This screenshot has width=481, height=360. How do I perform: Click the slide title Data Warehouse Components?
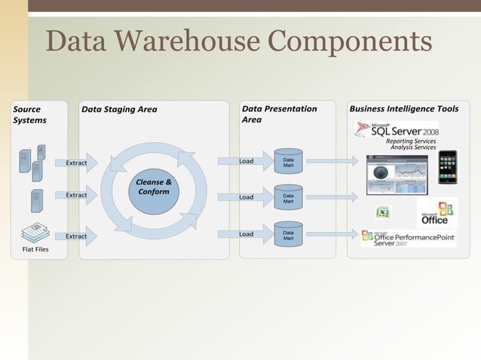(238, 41)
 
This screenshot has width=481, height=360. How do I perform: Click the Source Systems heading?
(29, 114)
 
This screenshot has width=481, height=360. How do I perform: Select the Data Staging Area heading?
(119, 109)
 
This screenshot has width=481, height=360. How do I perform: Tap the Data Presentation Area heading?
(279, 114)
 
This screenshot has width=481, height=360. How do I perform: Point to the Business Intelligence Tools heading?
(403, 109)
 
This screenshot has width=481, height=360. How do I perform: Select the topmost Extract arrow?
(79, 163)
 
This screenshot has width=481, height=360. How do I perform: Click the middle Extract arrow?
(79, 195)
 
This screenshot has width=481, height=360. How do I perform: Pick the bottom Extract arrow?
(79, 236)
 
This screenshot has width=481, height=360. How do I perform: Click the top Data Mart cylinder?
(288, 161)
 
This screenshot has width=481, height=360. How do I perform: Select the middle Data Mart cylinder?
(288, 197)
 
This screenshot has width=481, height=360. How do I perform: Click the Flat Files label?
(35, 249)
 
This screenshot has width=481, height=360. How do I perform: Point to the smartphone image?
(447, 166)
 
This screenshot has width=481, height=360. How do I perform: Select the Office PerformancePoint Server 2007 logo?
(407, 239)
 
